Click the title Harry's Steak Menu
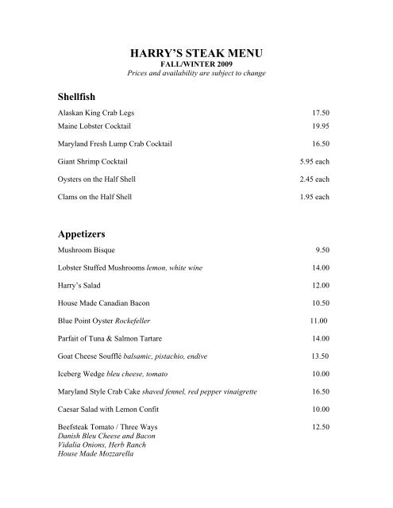pyautogui.click(x=195, y=54)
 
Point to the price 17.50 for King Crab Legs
pyautogui.click(x=320, y=114)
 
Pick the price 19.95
pyautogui.click(x=320, y=126)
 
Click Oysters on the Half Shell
pyautogui.click(x=97, y=179)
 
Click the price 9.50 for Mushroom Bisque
pyautogui.click(x=322, y=250)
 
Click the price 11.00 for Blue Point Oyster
pyautogui.click(x=316, y=321)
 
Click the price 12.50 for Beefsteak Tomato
pyautogui.click(x=320, y=428)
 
